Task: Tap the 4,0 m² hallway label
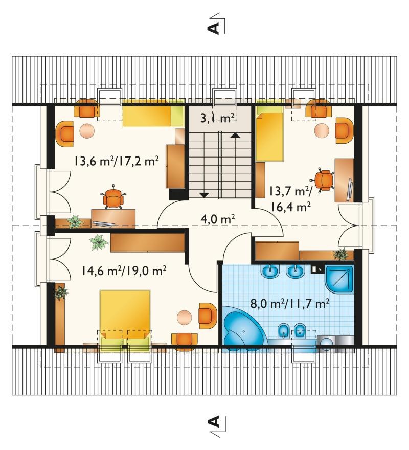pyautogui.click(x=218, y=219)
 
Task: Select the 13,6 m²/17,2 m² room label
pyautogui.click(x=117, y=161)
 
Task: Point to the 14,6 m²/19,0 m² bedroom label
pyautogui.click(x=124, y=271)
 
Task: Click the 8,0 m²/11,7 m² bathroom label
pyautogui.click(x=289, y=304)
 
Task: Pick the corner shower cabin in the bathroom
pyautogui.click(x=339, y=279)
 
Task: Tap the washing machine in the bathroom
pyautogui.click(x=326, y=343)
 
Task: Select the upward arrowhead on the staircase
pyautogui.click(x=235, y=135)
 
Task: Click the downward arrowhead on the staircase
pyautogui.click(x=204, y=195)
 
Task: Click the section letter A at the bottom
pyautogui.click(x=213, y=421)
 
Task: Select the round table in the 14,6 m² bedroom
pyautogui.click(x=185, y=318)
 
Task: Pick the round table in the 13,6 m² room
pyautogui.click(x=87, y=130)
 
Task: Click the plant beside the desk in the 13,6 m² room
pyautogui.click(x=75, y=221)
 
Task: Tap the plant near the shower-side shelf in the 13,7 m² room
pyautogui.click(x=342, y=254)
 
